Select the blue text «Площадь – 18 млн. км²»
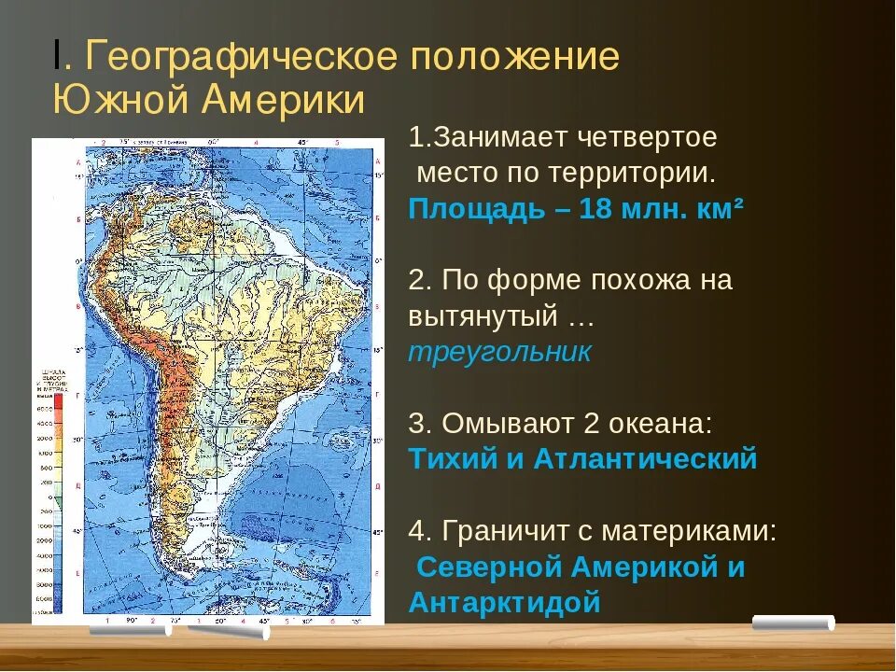[x=576, y=209]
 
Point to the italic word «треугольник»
[x=500, y=352]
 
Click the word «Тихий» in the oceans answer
[x=452, y=459]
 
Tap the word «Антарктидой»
[x=505, y=602]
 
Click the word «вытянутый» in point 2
[x=481, y=316]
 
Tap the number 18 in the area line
[x=595, y=209]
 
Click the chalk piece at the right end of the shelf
[x=792, y=623]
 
